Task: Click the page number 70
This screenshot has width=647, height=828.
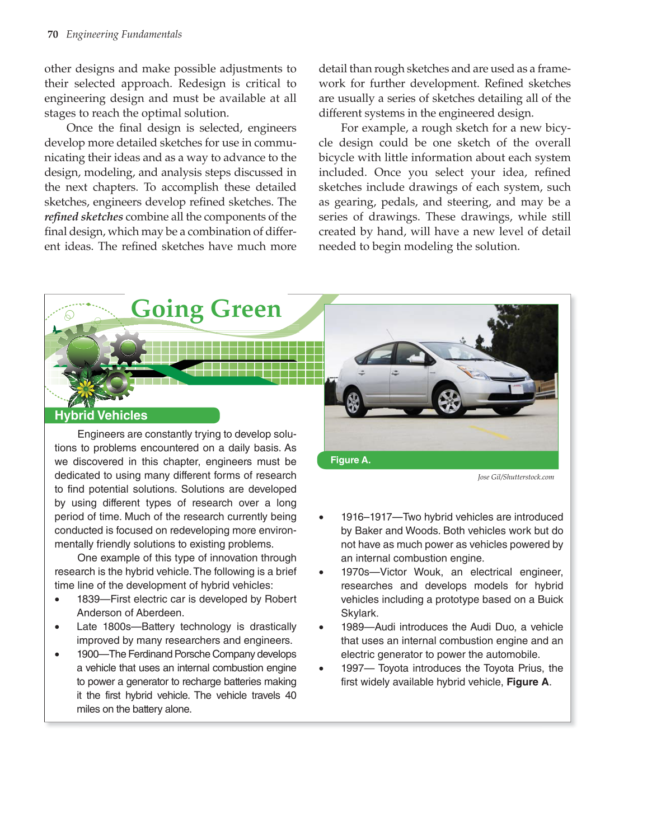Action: (53, 34)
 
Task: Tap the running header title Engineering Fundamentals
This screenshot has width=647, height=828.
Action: (124, 34)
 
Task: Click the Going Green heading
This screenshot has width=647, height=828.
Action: (206, 309)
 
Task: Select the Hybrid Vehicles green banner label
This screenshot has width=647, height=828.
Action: (101, 415)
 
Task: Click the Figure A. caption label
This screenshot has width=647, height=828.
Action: (350, 460)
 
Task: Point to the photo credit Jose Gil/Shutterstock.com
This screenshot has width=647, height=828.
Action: (515, 477)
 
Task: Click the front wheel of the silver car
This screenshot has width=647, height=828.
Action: (448, 400)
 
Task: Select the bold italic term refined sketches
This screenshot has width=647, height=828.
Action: (84, 217)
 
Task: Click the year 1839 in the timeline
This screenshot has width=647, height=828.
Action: (88, 599)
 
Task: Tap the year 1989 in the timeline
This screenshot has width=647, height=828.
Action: (353, 627)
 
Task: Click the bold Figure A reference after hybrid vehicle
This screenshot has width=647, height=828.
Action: (527, 682)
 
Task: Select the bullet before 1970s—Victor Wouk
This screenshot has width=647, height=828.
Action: (321, 573)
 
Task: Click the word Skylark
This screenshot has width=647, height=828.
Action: (359, 613)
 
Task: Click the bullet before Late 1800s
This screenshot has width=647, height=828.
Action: (58, 627)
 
